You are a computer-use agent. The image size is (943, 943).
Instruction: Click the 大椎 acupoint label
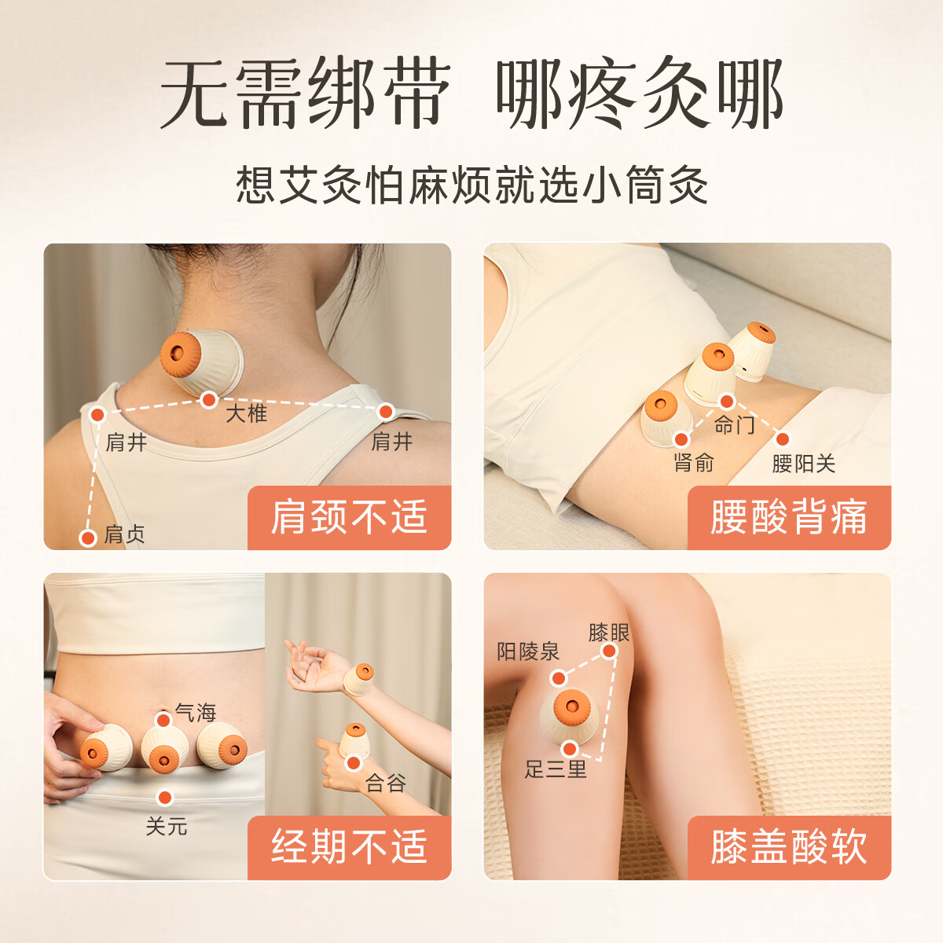(x=246, y=414)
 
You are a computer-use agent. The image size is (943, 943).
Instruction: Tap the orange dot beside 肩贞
(x=88, y=538)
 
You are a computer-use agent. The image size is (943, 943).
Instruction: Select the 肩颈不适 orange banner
(x=350, y=517)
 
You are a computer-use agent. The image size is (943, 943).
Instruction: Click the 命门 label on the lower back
(x=734, y=425)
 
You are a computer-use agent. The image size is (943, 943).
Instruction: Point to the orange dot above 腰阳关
(x=783, y=439)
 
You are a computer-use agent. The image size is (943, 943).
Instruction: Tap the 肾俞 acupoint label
(x=694, y=463)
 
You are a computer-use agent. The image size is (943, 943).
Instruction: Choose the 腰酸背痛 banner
(x=789, y=517)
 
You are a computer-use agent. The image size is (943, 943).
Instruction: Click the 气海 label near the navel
(x=196, y=713)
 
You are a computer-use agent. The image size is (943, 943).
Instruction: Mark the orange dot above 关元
(x=165, y=798)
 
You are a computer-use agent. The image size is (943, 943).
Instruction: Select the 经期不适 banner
(x=350, y=847)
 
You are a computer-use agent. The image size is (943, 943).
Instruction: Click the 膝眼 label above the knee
(x=609, y=633)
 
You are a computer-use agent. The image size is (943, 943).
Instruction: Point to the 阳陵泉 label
(x=528, y=651)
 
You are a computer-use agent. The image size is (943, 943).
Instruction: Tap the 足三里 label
(x=556, y=769)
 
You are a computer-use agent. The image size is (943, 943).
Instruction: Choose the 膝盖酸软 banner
(x=789, y=847)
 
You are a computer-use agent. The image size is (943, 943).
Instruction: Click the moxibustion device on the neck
(x=202, y=361)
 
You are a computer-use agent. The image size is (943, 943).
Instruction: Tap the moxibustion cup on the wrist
(x=358, y=679)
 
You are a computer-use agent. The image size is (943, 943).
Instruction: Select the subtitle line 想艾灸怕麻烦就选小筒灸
(x=472, y=185)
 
